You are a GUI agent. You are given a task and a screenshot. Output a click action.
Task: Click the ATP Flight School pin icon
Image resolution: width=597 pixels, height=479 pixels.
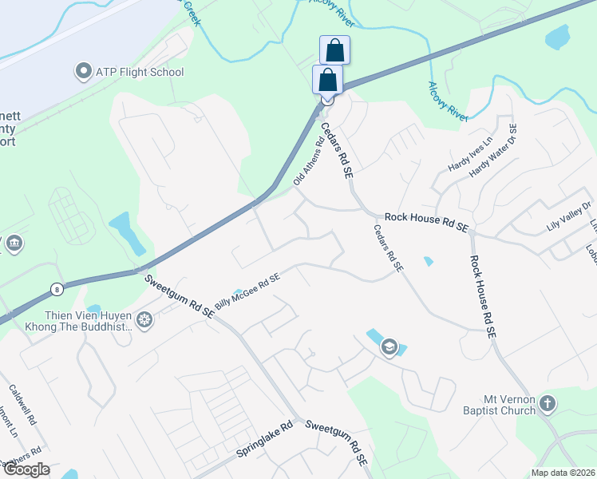[x=83, y=72]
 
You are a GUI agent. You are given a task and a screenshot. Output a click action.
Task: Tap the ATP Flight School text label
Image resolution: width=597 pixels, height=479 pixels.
[x=140, y=72]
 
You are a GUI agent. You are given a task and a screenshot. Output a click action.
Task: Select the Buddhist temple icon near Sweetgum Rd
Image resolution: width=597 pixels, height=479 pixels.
[x=144, y=321]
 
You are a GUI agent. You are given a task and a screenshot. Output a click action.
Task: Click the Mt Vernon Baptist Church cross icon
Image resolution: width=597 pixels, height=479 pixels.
[x=547, y=403]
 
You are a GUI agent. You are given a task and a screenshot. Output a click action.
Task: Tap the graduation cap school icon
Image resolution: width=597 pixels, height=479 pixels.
[x=389, y=346]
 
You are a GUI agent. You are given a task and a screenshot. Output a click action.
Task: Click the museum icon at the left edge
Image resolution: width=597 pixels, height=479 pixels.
[x=14, y=243]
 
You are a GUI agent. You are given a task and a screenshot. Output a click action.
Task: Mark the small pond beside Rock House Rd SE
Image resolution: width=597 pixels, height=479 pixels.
[x=429, y=261]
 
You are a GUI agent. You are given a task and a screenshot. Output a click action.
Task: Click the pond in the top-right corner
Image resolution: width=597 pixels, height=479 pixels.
[x=557, y=37]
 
